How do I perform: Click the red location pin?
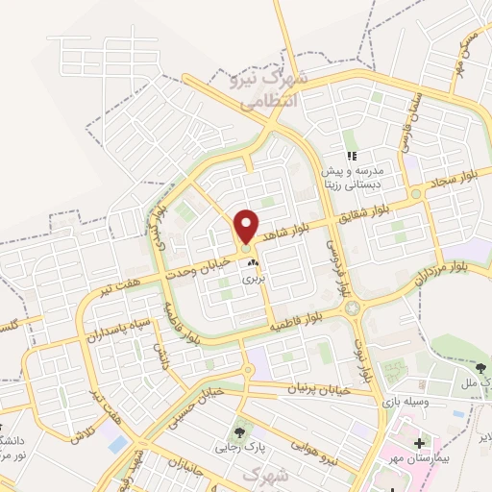click(246, 225)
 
